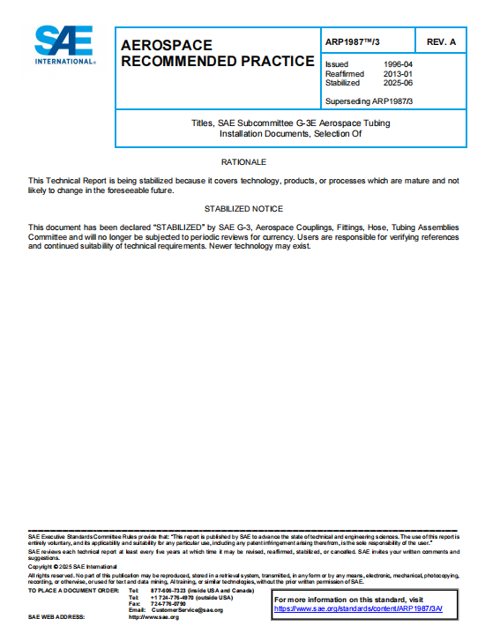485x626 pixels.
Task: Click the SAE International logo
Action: [64, 45]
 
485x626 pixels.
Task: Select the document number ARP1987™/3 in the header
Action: [357, 41]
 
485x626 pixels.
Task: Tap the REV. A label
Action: [441, 41]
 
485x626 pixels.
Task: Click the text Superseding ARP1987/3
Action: [368, 101]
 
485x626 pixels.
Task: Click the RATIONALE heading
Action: [243, 162]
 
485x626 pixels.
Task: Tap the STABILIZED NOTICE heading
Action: [243, 209]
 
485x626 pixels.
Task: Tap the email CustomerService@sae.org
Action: [187, 610]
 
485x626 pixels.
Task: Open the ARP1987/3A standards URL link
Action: [358, 608]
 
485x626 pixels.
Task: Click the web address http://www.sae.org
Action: [153, 617]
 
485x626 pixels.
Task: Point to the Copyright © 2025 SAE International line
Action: [65, 566]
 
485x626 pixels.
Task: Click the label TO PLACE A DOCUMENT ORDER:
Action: [73, 590]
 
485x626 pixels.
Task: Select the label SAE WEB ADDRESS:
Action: [56, 617]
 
